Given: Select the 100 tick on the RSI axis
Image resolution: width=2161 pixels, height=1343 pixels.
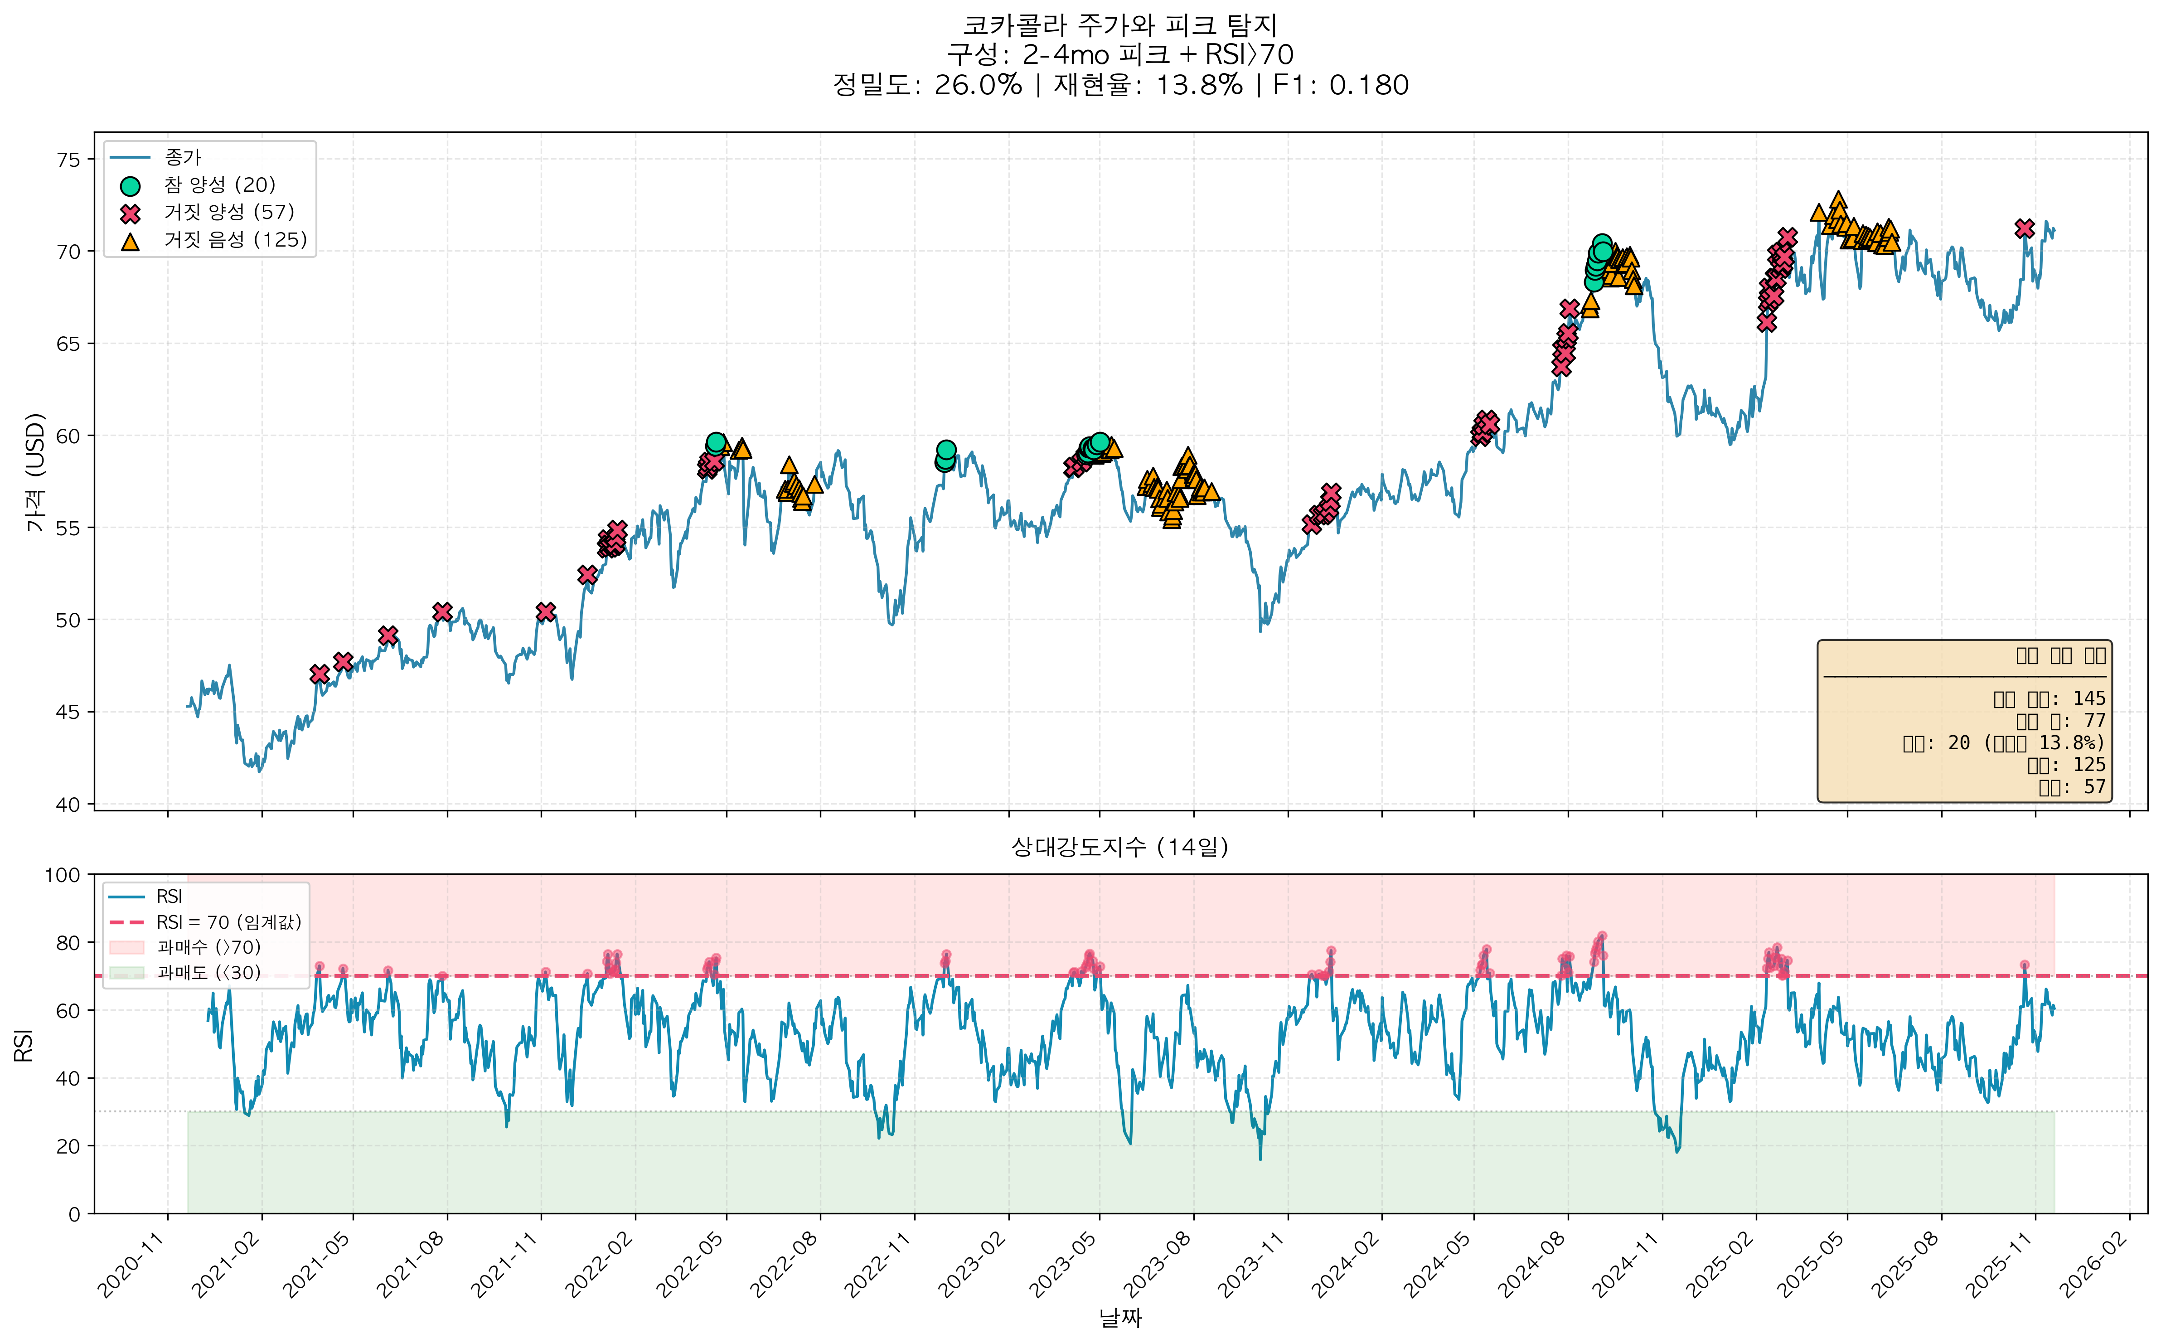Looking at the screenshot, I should click(x=62, y=875).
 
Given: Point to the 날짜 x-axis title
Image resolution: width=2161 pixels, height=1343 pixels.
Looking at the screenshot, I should click(x=1120, y=1318).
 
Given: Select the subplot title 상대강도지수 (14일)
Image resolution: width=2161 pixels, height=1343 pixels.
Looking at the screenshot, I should click(x=1120, y=847).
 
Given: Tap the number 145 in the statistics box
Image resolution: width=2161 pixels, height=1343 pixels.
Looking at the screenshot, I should click(x=2089, y=699).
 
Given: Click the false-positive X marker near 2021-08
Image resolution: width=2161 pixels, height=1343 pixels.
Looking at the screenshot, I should click(x=442, y=612).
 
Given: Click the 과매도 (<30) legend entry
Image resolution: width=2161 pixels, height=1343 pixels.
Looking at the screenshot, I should click(x=209, y=973).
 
